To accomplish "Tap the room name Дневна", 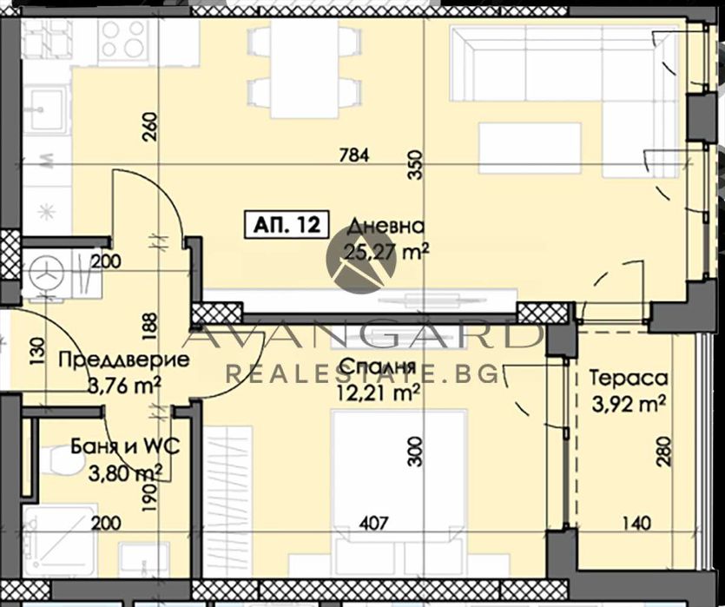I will [x=386, y=228].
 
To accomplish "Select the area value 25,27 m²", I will [x=389, y=253].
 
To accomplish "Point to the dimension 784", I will [x=355, y=156].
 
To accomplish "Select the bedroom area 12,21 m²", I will [x=380, y=393].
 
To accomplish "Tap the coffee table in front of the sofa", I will [x=530, y=148].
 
